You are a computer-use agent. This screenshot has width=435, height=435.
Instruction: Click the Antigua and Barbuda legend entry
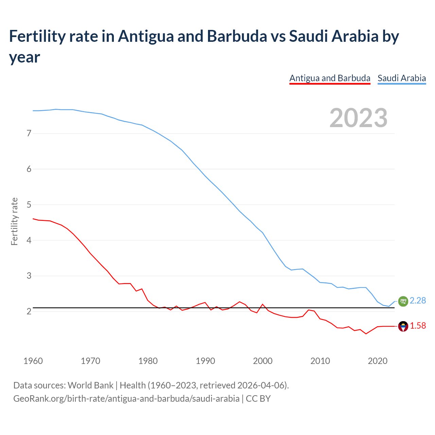click(x=330, y=78)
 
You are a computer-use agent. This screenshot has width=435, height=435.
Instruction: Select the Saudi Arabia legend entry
click(x=402, y=78)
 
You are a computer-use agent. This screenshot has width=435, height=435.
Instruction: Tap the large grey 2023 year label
click(x=359, y=118)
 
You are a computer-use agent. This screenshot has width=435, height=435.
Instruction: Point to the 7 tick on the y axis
click(x=29, y=133)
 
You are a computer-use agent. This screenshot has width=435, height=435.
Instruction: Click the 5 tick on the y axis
click(x=29, y=205)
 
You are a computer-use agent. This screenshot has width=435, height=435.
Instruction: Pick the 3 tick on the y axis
click(x=29, y=276)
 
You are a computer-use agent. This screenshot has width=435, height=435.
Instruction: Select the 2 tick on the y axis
click(x=29, y=311)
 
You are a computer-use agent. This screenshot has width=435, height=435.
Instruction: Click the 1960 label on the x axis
click(x=33, y=361)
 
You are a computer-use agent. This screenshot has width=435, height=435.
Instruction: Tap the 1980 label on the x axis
click(x=148, y=361)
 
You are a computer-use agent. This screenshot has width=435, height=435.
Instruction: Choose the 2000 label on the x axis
click(x=263, y=361)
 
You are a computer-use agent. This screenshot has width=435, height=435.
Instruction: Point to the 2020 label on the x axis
click(x=378, y=361)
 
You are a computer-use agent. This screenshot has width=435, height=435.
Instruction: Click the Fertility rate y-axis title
click(x=14, y=221)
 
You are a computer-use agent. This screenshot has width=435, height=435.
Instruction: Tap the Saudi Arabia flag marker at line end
click(x=403, y=301)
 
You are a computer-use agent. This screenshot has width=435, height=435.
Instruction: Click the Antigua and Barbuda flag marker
click(x=403, y=326)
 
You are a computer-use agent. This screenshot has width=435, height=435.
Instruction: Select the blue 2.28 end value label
click(x=418, y=300)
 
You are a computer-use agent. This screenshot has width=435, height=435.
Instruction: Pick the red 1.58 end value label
click(x=418, y=326)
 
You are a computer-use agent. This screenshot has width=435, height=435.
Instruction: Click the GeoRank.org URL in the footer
click(x=126, y=398)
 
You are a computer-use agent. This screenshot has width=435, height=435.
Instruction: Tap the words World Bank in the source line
click(x=90, y=385)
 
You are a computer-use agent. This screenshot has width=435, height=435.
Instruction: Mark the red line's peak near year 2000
click(x=262, y=304)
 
